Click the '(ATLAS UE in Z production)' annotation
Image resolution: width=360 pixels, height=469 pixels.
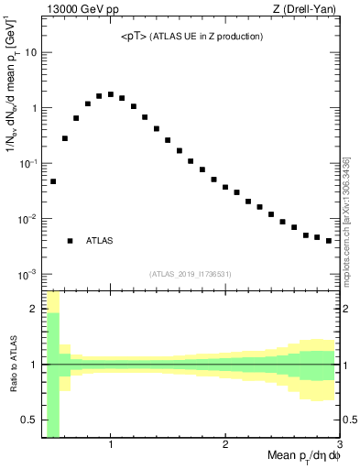[x=210, y=37]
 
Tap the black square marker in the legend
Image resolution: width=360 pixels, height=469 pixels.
[x=70, y=241]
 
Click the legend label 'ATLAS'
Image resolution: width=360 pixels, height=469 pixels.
[x=100, y=241]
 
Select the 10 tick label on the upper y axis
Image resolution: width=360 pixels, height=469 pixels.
[x=30, y=52]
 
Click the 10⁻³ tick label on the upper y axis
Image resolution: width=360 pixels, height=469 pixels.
[x=27, y=274]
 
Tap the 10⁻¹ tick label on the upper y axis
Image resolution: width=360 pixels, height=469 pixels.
[x=27, y=163]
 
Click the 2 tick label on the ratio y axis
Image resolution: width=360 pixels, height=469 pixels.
[x=33, y=309]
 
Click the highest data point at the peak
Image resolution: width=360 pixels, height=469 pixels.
[x=111, y=94]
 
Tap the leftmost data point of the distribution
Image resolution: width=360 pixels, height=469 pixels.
[x=53, y=181]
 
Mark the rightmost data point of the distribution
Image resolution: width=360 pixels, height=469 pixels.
[x=329, y=241]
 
